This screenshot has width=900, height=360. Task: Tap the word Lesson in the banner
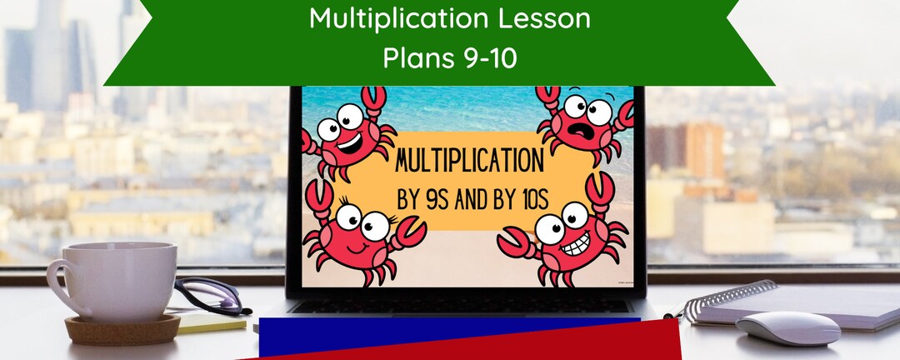pyautogui.click(x=548, y=19)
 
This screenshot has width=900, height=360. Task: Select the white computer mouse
pyautogui.click(x=787, y=327)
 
